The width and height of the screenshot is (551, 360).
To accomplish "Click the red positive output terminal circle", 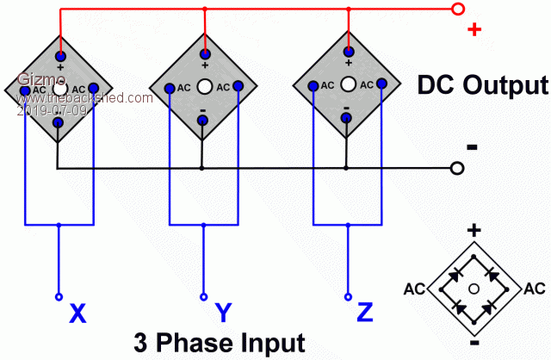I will [x=458, y=9].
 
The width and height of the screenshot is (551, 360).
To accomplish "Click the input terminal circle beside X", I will [x=59, y=296].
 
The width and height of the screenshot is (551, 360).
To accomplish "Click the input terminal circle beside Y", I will [x=203, y=296].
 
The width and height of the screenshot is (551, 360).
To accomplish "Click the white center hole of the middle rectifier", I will [x=204, y=86].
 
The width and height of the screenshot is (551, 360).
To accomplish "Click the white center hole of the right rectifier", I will [x=348, y=85].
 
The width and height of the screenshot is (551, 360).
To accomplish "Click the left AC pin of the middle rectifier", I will [x=171, y=86].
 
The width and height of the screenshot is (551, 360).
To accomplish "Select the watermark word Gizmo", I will [x=35, y=78].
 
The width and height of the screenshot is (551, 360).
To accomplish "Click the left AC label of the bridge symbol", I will [x=414, y=288].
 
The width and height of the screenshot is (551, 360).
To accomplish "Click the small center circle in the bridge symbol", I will [x=474, y=288].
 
